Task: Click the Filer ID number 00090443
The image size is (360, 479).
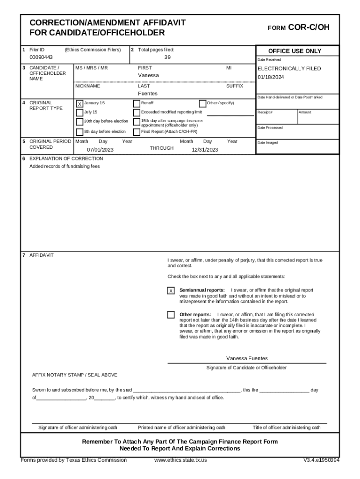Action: coord(41,58)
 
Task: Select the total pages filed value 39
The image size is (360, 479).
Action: coord(167,58)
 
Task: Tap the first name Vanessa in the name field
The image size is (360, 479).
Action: coord(148,75)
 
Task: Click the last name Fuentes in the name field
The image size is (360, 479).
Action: coord(148,94)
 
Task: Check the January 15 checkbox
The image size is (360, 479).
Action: coord(79,103)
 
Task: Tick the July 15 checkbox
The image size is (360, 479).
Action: coord(79,112)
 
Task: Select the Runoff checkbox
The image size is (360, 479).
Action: coord(137,103)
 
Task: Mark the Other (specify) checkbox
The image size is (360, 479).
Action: coord(202,103)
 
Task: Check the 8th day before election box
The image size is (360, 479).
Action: coord(79,132)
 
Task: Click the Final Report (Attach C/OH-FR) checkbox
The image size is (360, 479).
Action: coord(137,132)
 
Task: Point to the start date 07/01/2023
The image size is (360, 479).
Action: coord(100,150)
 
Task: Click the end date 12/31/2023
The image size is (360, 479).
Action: coord(205,150)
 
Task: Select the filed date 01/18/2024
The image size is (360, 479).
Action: coord(271,77)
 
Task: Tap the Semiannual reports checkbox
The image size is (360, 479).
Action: coord(171,291)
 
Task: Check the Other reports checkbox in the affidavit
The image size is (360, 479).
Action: coord(171,315)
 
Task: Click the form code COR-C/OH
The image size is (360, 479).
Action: coord(309,28)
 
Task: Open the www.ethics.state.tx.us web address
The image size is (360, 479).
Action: coord(180,460)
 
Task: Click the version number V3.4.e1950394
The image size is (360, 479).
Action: coord(321,460)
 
